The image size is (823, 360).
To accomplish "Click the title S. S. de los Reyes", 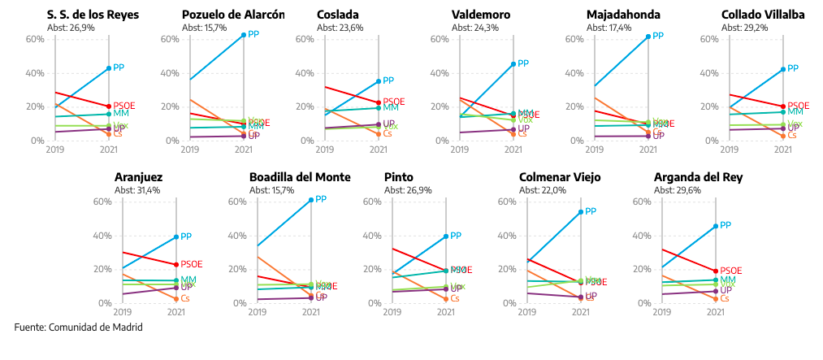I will pos(71,15).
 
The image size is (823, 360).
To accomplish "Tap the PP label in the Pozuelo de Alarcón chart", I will pos(253,34).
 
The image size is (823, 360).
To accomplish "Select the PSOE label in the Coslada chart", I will pos(394,102).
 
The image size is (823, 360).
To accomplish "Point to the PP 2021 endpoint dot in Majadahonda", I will pos(648,37).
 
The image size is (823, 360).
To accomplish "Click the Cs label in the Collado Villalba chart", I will pos(793,135).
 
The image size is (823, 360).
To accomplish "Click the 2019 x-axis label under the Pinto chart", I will pos(392,311).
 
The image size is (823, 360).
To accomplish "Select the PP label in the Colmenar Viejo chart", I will pos(591,211).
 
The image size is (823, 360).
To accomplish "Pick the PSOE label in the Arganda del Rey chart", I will pos(731,270).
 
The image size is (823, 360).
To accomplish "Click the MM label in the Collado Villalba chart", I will pos(795,111).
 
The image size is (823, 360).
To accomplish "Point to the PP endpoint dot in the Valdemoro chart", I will pos(513,63).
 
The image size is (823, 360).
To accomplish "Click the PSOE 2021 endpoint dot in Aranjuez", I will pos(175,265).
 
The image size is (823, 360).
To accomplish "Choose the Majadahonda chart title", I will pos(623,15).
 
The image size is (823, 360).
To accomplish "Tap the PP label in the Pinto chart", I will pos(456,236).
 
